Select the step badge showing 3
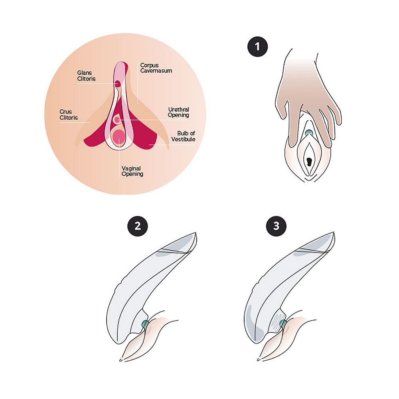pos(276,226)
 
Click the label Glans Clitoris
pos(87,76)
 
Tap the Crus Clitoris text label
pos(68,115)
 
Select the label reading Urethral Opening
pos(178,112)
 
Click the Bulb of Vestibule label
pos(183,136)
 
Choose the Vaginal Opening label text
pos(132,171)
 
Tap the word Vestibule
pos(183,139)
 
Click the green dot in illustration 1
pos(309,132)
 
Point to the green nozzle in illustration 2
pos(144,324)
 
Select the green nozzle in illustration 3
pos(283,324)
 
